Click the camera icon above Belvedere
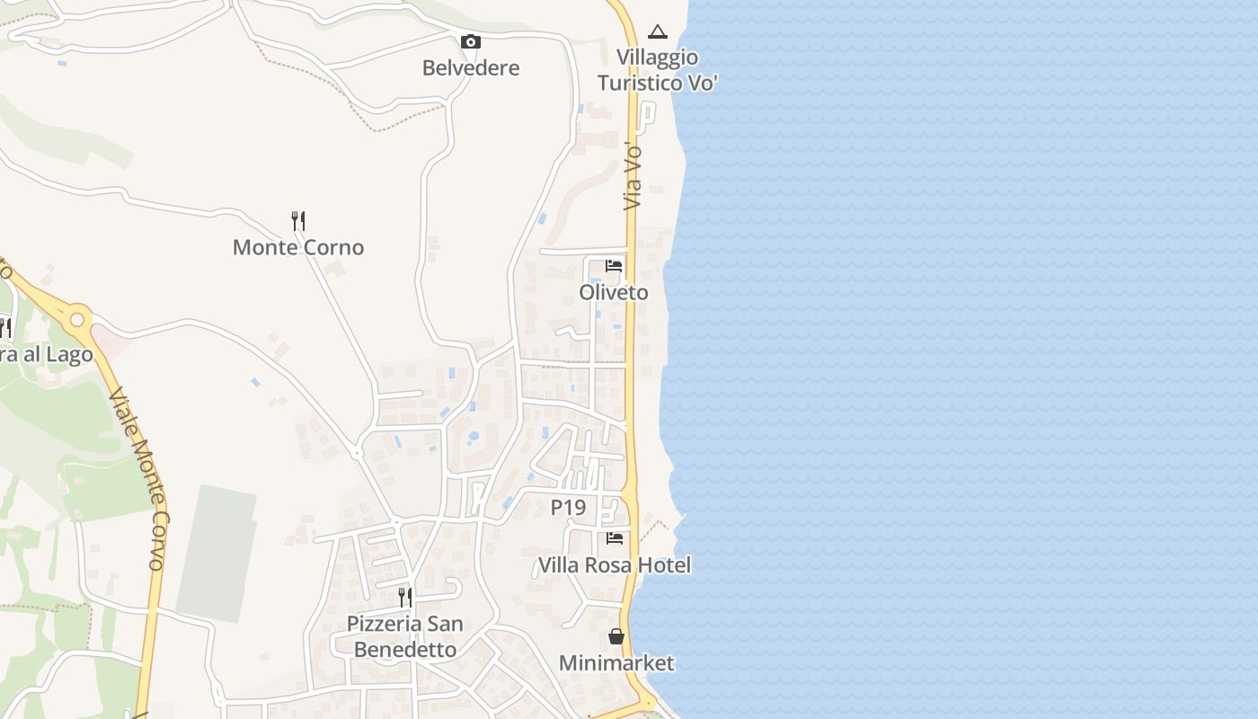point(470,42)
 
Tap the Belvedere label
point(471,68)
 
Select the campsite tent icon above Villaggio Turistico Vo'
point(658,32)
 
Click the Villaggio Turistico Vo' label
point(658,70)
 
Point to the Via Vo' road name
point(633,176)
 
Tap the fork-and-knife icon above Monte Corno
point(298,220)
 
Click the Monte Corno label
point(298,247)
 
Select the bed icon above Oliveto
point(614,266)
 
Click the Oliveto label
point(614,292)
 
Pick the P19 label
point(568,508)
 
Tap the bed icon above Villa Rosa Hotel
point(615,538)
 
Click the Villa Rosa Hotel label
point(615,565)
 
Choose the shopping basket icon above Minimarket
point(616,636)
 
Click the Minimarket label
point(616,663)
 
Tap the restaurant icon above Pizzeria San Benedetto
point(405,597)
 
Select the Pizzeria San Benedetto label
point(405,635)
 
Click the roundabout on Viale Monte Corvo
point(77,319)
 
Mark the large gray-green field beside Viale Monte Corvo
point(216,553)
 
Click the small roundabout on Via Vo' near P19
point(629,495)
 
